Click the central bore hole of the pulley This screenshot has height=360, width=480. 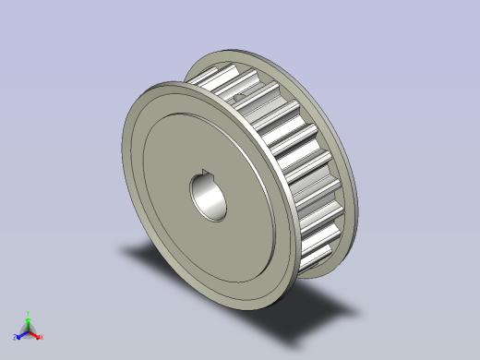coord(210,198)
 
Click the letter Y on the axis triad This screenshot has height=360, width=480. coord(29,312)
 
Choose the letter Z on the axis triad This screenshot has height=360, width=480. coord(15,339)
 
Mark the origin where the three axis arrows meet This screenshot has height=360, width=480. coord(28,330)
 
